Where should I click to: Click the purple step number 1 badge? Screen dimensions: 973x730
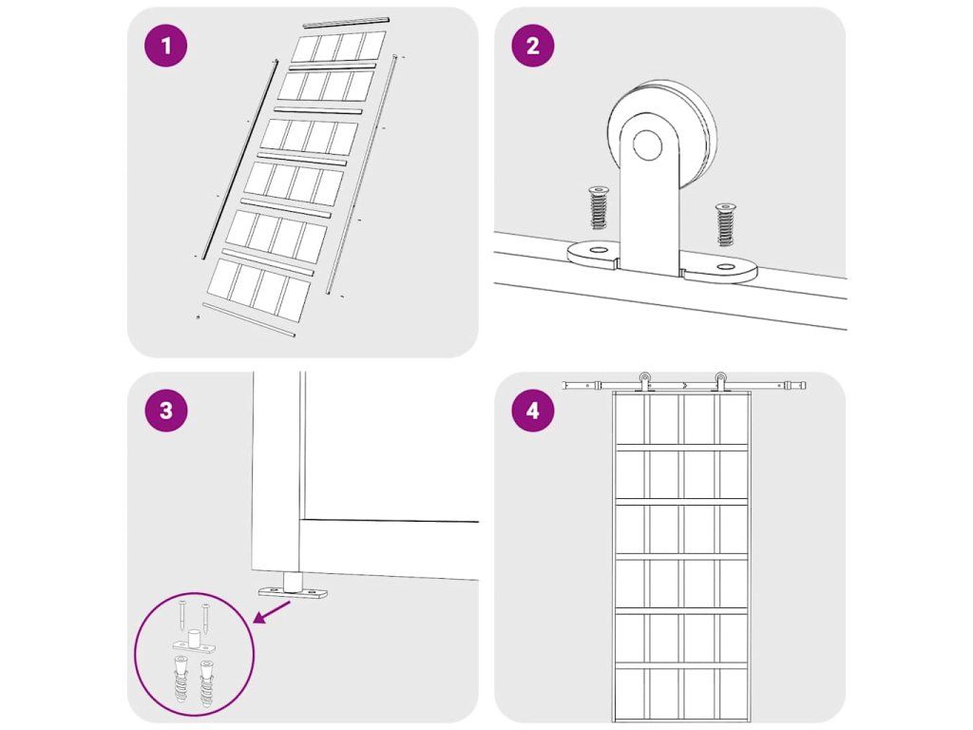(x=165, y=46)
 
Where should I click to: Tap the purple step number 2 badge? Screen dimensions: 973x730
(x=532, y=46)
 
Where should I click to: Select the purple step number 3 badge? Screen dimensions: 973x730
(x=165, y=411)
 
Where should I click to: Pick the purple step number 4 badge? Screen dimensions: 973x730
(x=532, y=411)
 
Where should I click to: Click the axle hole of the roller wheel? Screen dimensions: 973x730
(x=647, y=145)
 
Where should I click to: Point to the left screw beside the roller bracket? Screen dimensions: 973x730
(x=599, y=207)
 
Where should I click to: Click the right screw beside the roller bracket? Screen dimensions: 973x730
(x=725, y=223)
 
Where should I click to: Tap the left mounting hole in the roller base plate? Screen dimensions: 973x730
(x=599, y=250)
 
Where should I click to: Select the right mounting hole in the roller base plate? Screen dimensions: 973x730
(x=725, y=267)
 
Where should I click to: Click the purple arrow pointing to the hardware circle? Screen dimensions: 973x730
(x=272, y=612)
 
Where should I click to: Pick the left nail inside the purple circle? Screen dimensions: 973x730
(x=181, y=615)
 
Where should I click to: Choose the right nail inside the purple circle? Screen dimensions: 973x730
(x=205, y=616)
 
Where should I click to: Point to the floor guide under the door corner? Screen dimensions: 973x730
(x=293, y=586)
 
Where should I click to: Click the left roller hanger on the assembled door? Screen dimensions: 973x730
(x=645, y=382)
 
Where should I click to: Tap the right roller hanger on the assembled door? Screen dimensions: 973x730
(x=720, y=382)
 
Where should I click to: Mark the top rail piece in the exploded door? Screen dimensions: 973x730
(x=346, y=23)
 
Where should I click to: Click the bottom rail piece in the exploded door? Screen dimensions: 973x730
(x=249, y=319)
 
